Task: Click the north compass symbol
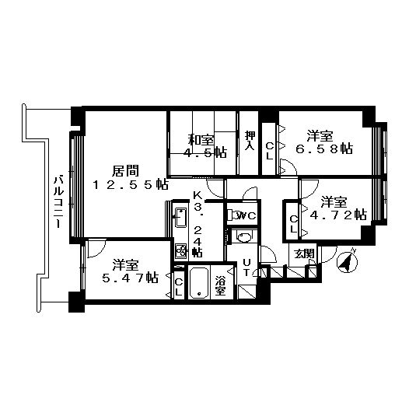[347, 260]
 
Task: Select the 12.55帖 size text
[130, 185]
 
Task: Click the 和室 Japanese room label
[201, 140]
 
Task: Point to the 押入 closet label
[250, 140]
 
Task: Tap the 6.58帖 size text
[324, 149]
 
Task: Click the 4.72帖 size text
[338, 215]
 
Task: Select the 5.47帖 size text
[130, 278]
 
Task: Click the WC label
[246, 215]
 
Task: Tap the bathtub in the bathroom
[199, 283]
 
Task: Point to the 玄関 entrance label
[304, 253]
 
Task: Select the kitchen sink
[180, 218]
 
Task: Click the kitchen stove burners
[180, 251]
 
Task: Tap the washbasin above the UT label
[244, 237]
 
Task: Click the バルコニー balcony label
[58, 202]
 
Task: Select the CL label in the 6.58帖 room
[270, 152]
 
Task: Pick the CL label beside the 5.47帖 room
[179, 287]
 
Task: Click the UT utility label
[246, 267]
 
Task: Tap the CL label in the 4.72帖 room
[293, 224]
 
